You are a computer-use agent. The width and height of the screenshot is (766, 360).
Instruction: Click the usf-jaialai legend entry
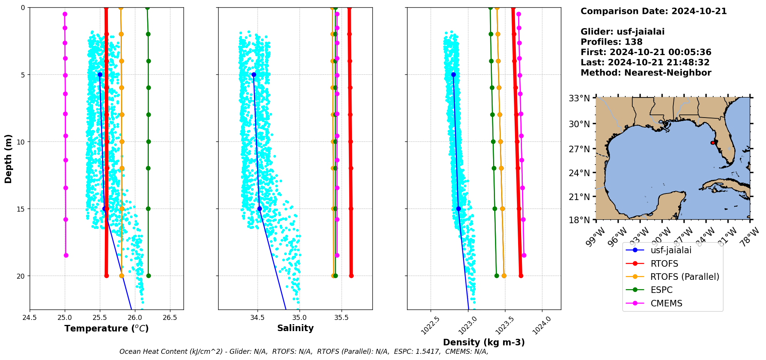point(671,250)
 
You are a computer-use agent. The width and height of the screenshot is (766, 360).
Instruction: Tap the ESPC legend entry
point(662,290)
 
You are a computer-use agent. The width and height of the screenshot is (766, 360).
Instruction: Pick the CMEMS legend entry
point(666,303)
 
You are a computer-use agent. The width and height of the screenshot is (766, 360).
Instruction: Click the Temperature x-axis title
point(106,328)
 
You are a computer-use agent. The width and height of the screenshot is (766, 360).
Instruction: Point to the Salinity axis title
point(295,328)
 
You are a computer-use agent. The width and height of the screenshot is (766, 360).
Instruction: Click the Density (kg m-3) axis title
point(484,342)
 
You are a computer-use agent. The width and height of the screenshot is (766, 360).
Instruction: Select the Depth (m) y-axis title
point(8,159)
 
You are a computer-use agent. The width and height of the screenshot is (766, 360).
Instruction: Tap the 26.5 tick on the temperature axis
point(170,318)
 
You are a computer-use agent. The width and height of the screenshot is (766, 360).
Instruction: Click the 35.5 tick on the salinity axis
point(341,318)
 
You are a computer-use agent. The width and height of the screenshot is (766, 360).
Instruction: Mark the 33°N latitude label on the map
point(579,98)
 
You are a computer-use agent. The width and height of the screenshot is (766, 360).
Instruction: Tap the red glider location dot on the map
point(712,143)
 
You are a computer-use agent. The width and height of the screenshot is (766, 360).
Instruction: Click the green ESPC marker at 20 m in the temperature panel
point(148,276)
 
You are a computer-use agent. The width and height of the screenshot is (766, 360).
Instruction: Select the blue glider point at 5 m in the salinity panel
point(254,74)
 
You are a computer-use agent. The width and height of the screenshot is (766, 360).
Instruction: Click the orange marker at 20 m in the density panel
point(504,276)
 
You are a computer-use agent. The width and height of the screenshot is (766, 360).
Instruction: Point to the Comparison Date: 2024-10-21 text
point(653,11)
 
